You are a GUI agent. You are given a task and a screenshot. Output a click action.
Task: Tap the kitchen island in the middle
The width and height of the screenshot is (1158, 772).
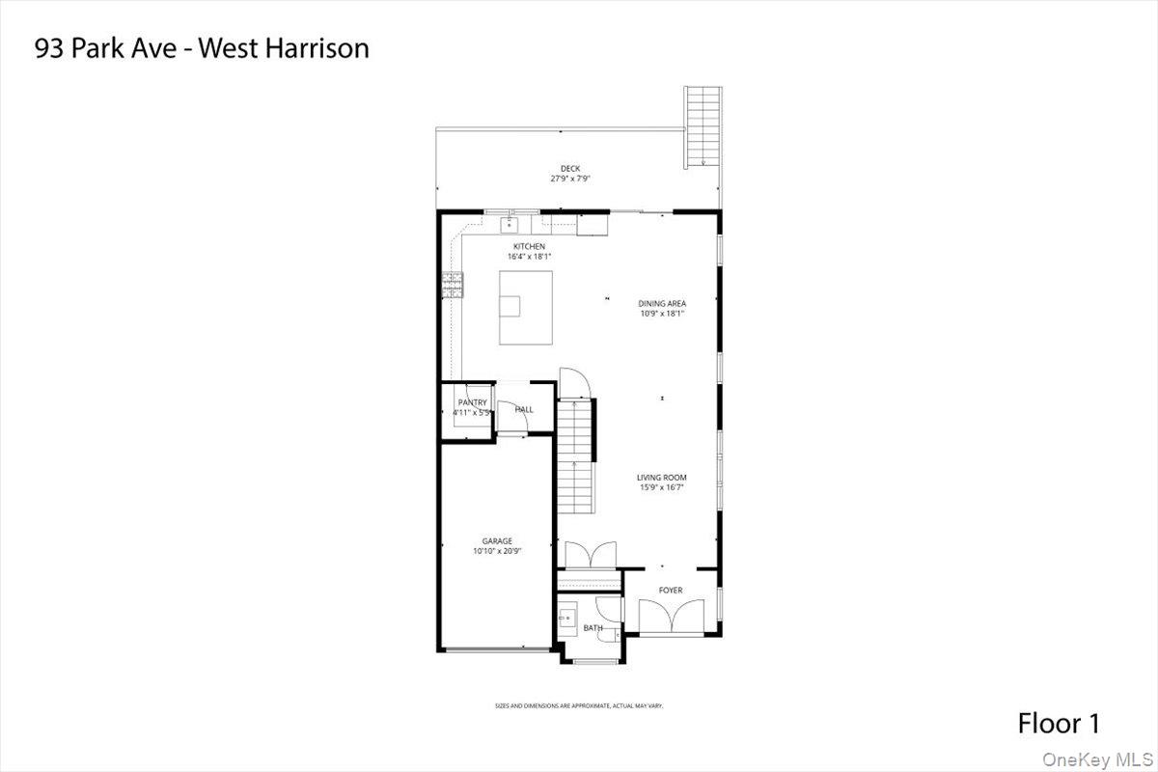526,307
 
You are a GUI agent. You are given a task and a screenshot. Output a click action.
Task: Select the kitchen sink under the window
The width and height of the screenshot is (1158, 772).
510,225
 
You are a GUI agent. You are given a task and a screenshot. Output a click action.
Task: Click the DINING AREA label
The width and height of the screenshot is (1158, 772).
662,303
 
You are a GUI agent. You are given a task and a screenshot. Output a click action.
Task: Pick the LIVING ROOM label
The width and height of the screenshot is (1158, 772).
662,477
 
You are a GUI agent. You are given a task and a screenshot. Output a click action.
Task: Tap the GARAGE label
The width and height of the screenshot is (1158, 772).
497,541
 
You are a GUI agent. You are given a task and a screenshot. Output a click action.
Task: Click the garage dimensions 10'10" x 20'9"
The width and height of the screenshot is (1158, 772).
497,551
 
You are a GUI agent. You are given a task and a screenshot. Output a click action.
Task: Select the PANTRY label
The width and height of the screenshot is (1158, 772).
473,402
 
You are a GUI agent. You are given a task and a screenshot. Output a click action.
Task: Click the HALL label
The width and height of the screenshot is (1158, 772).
524,409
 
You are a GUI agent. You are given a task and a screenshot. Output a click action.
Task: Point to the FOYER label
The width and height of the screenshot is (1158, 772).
671,590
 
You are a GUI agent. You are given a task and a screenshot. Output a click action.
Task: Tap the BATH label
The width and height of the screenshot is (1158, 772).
593,628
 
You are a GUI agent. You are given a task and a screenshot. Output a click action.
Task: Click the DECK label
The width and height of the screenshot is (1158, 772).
570,169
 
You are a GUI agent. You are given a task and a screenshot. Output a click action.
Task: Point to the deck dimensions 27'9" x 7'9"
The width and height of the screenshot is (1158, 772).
570,179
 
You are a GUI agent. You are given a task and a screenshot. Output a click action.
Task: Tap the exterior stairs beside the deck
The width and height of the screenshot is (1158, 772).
703,125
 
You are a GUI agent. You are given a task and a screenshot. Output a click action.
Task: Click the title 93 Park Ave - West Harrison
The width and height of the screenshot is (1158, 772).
202,48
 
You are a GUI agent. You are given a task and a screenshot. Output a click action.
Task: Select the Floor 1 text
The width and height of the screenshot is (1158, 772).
1059,723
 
